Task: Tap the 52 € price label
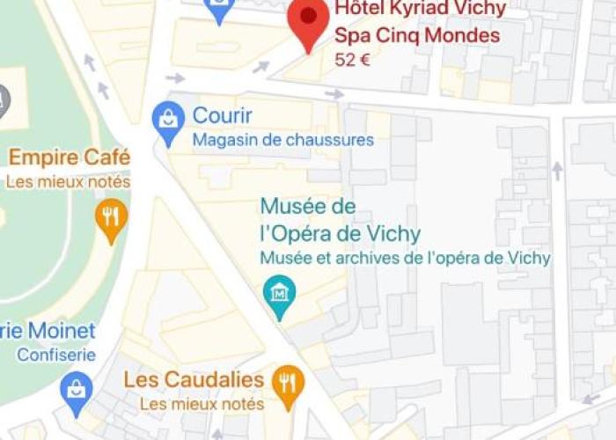(353, 60)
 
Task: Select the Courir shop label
(223, 115)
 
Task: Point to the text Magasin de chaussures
(282, 140)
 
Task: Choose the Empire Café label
(70, 158)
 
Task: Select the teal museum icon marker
(281, 294)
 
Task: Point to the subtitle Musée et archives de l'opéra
(405, 258)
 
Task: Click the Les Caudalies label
(194, 380)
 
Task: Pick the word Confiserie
(56, 356)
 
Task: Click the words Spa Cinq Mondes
(416, 36)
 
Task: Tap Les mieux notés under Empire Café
(68, 182)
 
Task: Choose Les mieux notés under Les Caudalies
(202, 404)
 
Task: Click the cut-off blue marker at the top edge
(219, 9)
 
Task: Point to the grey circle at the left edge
(4, 101)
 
